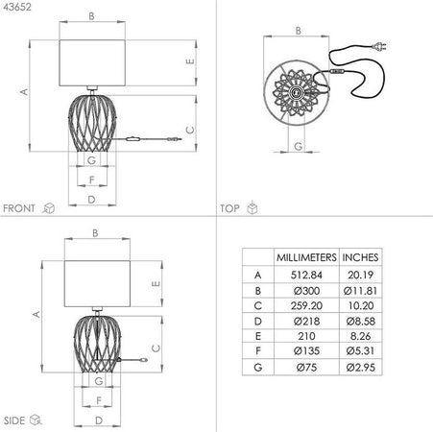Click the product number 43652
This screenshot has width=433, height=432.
[x=17, y=7]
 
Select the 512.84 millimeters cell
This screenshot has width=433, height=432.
[x=306, y=275]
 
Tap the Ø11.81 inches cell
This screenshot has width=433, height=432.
[x=360, y=291]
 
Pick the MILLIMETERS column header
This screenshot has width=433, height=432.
[x=306, y=257]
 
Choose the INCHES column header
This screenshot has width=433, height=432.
[x=360, y=257]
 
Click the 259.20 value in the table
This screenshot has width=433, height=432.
[x=306, y=305]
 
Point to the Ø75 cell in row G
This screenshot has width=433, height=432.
[x=306, y=367]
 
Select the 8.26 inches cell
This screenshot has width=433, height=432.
[x=360, y=336]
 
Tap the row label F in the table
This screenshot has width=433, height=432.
[x=258, y=351]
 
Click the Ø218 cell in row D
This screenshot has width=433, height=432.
[x=306, y=321]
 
